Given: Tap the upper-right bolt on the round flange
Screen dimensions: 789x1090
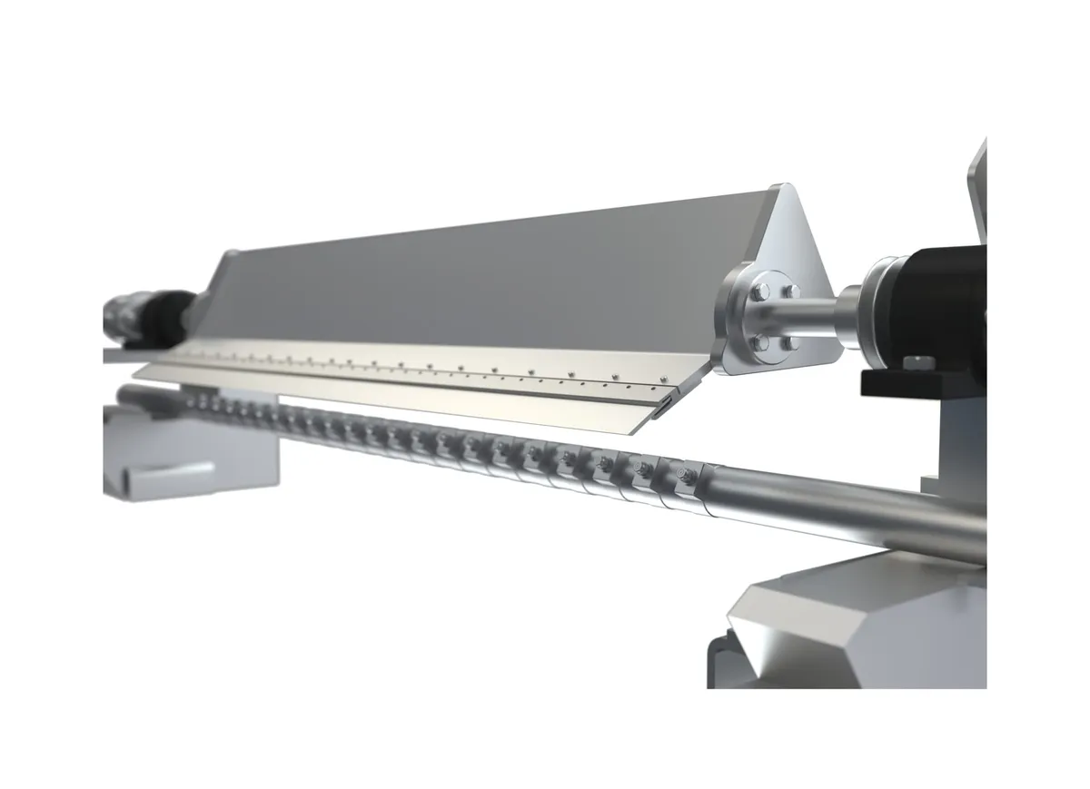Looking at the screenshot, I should pyautogui.click(x=789, y=291).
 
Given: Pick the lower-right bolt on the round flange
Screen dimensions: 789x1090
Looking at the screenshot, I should pyautogui.click(x=791, y=343).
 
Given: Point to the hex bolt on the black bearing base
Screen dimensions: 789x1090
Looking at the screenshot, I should pyautogui.click(x=917, y=364).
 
